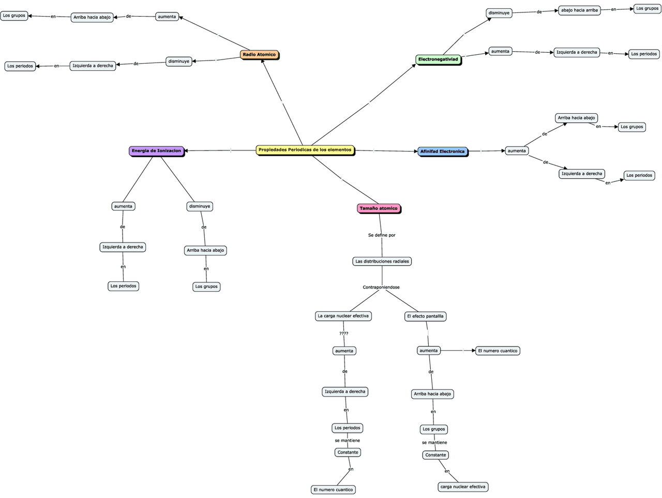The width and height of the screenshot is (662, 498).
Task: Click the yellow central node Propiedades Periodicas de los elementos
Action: pyautogui.click(x=305, y=150)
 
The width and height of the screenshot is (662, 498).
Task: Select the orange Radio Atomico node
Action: pyautogui.click(x=259, y=54)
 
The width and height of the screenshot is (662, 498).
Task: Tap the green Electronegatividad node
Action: pyautogui.click(x=438, y=59)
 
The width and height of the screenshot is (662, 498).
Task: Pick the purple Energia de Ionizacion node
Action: pyautogui.click(x=156, y=151)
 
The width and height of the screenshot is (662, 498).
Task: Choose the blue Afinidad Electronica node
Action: pyautogui.click(x=442, y=152)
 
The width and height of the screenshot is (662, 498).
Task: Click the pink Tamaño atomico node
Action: pyautogui.click(x=379, y=208)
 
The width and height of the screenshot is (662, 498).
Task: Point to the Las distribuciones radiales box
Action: pyautogui.click(x=382, y=261)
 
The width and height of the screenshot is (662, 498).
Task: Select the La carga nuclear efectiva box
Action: pyautogui.click(x=343, y=316)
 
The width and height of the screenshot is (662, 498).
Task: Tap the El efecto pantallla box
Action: pyautogui.click(x=425, y=316)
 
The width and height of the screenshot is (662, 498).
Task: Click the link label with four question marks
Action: pyautogui.click(x=344, y=334)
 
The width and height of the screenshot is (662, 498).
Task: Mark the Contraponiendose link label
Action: pyautogui.click(x=381, y=287)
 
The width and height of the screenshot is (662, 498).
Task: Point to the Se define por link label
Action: pyautogui.click(x=382, y=235)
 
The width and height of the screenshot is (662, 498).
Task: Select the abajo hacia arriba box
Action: pyautogui.click(x=579, y=10)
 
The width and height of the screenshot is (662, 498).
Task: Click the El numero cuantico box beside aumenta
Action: pyautogui.click(x=498, y=351)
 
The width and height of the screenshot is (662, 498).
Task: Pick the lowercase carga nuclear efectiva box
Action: pyautogui.click(x=463, y=487)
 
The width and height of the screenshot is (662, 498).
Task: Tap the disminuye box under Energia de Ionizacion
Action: pyautogui.click(x=200, y=206)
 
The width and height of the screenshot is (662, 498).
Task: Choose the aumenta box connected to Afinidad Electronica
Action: pyautogui.click(x=517, y=151)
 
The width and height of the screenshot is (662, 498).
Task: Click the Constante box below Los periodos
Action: pyautogui.click(x=348, y=452)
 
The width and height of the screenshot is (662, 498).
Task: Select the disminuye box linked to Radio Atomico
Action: pyautogui.click(x=179, y=62)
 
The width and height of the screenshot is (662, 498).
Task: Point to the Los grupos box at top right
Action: pyautogui.click(x=647, y=9)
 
